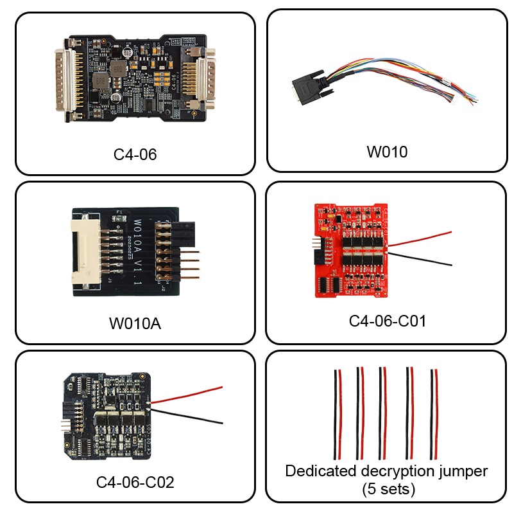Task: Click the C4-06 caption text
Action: (x=135, y=154)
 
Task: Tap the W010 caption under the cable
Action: (x=387, y=152)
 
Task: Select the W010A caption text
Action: (x=135, y=323)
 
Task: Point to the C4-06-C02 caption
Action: (x=135, y=481)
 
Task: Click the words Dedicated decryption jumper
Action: (x=386, y=471)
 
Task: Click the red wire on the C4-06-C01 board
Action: (x=423, y=238)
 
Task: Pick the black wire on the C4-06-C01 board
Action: (x=423, y=258)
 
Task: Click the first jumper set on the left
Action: (x=338, y=411)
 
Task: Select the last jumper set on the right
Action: (x=435, y=411)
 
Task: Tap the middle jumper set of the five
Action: (x=383, y=411)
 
